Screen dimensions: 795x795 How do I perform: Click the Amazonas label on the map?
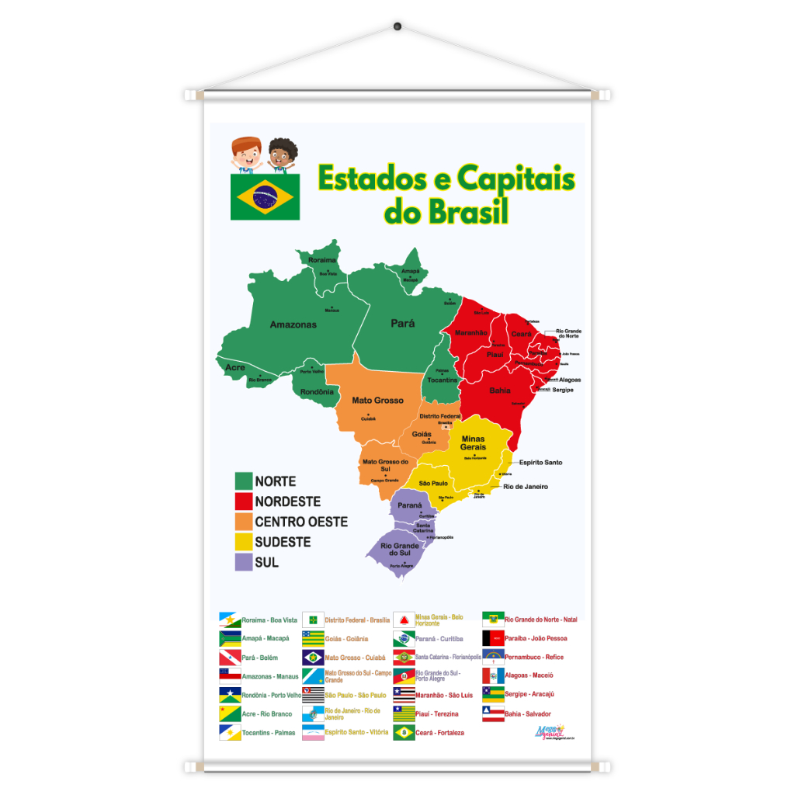293,325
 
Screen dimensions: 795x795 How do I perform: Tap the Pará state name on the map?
402,324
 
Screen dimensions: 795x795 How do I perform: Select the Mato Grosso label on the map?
377,401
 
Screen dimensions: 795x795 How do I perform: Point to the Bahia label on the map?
500,391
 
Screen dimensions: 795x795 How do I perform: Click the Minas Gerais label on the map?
473,443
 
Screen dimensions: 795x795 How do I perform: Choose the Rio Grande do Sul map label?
400,549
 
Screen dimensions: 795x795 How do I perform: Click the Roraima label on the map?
322,260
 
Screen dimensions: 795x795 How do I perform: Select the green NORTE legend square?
244,481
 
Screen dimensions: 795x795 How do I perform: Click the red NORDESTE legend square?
244,502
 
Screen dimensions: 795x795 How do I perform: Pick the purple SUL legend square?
244,562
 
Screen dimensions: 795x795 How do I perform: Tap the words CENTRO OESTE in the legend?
301,522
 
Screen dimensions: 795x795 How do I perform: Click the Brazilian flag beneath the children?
265,196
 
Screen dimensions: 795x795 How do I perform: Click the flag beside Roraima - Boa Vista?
230,620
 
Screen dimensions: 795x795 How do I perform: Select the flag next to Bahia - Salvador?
493,713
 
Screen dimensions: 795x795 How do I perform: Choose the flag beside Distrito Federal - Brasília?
313,620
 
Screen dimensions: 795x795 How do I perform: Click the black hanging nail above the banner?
397,27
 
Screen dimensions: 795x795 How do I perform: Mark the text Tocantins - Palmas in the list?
269,733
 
